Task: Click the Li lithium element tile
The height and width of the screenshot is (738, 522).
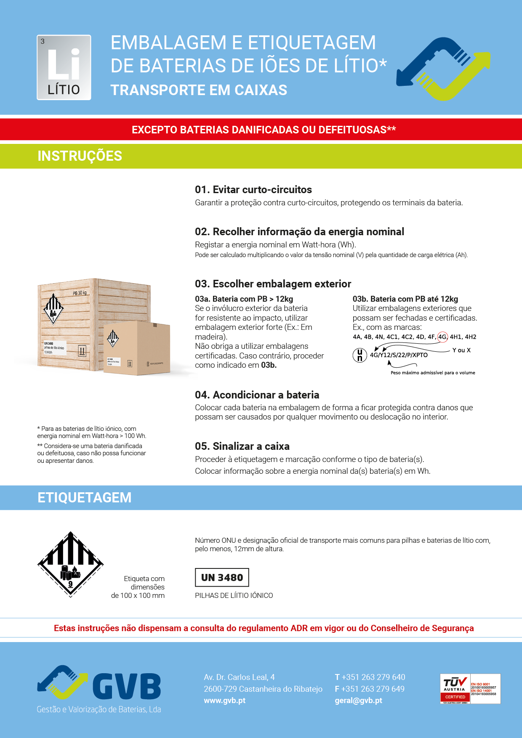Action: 64,67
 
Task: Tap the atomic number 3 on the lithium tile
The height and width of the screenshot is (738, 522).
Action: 43,41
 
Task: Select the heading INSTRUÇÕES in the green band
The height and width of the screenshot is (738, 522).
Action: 80,156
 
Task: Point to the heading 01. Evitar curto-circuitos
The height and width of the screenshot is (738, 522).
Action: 253,190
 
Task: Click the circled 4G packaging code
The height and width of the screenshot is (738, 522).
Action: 442,337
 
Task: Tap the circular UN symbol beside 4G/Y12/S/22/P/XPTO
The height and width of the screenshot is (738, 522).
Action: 360,355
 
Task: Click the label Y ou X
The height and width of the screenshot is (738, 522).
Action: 461,350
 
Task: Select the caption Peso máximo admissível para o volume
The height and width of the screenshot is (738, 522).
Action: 433,373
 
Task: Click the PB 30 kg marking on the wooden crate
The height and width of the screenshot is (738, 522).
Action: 80,293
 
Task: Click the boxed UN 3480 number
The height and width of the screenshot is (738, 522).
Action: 222,577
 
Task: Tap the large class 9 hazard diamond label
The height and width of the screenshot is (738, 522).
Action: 70,564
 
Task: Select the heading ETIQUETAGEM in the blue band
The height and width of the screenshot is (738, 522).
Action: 84,498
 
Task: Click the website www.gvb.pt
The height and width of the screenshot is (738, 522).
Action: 224,701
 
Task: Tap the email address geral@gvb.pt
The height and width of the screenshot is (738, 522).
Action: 358,701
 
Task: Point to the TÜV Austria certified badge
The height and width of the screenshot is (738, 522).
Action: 470,689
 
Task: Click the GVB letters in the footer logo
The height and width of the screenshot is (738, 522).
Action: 126,686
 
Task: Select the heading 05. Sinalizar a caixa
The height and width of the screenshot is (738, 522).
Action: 242,446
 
